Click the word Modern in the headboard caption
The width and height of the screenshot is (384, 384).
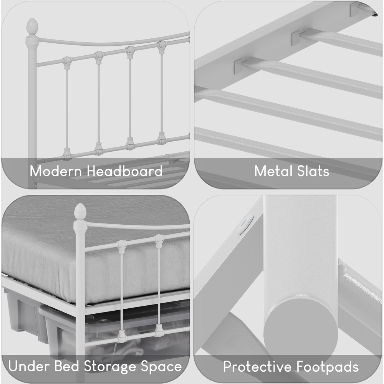(x=56, y=171)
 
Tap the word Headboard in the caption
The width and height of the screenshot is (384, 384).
(x=125, y=171)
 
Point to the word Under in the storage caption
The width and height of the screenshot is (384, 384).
(x=26, y=366)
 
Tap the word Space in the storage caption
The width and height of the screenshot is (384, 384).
(x=161, y=366)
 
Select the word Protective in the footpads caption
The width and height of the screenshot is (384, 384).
(x=255, y=367)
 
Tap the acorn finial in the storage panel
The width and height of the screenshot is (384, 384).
(x=80, y=212)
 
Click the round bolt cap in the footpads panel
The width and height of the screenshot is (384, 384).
(x=246, y=224)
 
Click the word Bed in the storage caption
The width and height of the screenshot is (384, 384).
(x=65, y=366)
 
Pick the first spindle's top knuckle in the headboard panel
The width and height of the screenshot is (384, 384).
(x=68, y=61)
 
